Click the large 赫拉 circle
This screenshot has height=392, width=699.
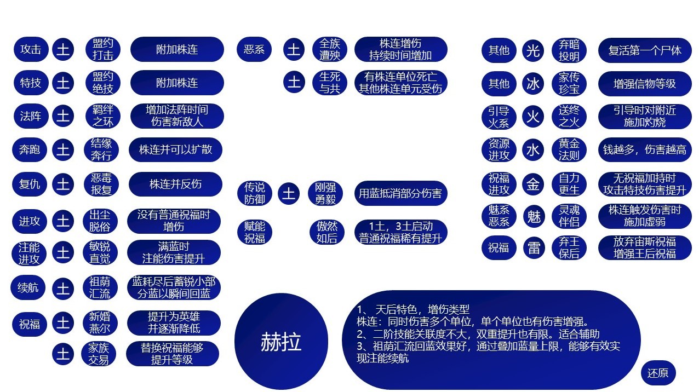281,342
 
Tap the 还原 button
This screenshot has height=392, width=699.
658,373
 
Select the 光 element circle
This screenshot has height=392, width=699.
533,50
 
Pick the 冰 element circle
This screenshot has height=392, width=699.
533,84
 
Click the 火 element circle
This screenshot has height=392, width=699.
533,117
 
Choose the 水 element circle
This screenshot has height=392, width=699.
533,150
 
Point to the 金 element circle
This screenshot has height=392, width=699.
533,184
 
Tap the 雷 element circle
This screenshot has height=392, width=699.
534,248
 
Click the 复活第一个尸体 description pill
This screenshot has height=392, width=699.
645,50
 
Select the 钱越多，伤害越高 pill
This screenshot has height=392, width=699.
645,149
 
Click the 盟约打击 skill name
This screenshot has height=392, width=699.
103,49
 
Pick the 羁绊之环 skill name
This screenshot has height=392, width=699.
103,116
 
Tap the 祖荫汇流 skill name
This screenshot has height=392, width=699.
100,287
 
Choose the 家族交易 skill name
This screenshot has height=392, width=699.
99,354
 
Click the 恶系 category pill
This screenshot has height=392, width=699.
254,49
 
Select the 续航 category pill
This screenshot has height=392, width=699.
28,287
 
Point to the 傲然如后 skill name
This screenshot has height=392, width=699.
327,232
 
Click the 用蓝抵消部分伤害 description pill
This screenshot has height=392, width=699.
400,193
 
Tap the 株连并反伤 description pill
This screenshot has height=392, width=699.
175,184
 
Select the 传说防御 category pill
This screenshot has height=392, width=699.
255,193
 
